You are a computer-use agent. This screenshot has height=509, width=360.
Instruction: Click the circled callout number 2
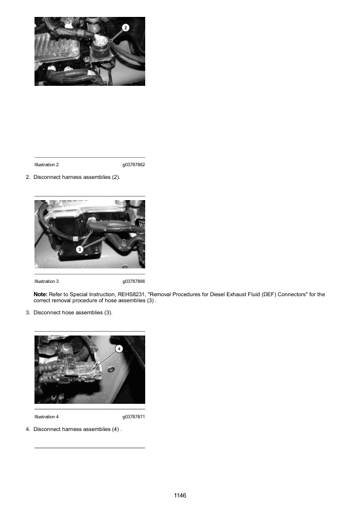tap(126, 28)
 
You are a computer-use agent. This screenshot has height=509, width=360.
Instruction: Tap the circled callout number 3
tap(80, 249)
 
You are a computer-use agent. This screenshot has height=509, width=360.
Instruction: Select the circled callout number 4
tap(119, 349)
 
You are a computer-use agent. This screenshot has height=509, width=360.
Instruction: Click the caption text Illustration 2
tap(47, 164)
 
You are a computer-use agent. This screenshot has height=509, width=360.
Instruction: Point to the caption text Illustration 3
tap(47, 281)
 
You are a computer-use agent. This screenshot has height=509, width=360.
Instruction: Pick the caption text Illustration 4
tap(47, 417)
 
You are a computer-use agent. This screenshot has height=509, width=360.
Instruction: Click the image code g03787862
tap(134, 164)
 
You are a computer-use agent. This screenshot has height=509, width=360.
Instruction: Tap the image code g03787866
tap(134, 281)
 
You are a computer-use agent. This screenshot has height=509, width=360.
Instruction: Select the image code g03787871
tap(134, 417)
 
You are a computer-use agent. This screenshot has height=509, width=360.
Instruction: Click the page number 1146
tap(180, 495)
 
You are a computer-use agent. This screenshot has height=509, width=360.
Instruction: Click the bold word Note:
tap(41, 294)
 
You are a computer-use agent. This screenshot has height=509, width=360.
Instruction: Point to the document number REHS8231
tap(131, 294)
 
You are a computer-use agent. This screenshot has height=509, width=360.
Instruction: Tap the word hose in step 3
tap(68, 313)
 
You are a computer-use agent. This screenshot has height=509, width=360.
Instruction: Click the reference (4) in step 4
tap(116, 429)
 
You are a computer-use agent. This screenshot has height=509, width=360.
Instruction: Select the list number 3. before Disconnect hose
tap(28, 313)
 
